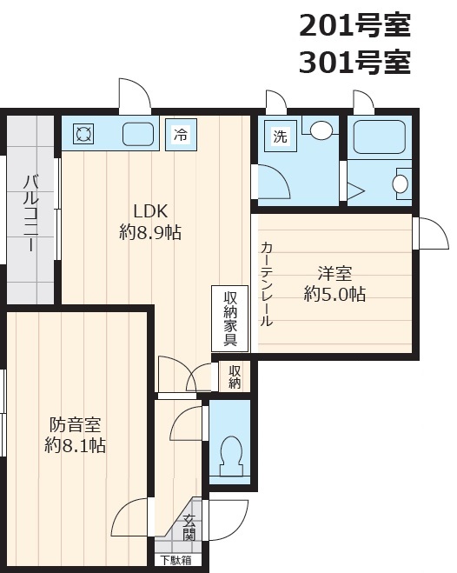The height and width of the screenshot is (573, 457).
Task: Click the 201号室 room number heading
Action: pyautogui.click(x=354, y=25)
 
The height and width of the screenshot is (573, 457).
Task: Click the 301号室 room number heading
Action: pyautogui.click(x=354, y=62)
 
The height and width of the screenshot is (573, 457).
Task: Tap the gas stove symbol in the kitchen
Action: pyautogui.click(x=83, y=133)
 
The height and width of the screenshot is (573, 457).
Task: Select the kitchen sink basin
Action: pyautogui.click(x=137, y=134)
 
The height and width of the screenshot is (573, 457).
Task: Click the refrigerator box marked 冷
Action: pyautogui.click(x=181, y=134)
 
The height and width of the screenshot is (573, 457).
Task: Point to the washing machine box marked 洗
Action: pyautogui.click(x=280, y=137)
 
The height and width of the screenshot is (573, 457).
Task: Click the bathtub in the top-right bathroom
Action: pyautogui.click(x=380, y=137)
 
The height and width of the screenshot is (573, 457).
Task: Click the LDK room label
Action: pyautogui.click(x=150, y=211)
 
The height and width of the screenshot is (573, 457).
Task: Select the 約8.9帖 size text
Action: pyautogui.click(x=150, y=231)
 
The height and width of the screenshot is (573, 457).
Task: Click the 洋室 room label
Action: pyautogui.click(x=334, y=273)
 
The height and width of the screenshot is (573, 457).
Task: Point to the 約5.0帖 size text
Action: pyautogui.click(x=334, y=294)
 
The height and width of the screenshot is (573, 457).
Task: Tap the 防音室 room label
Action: pyautogui.click(x=76, y=424)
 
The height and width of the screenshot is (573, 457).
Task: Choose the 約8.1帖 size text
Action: pyautogui.click(x=76, y=445)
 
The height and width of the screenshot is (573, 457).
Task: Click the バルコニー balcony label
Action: pyautogui.click(x=31, y=213)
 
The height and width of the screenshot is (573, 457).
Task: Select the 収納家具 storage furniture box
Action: pyautogui.click(x=230, y=318)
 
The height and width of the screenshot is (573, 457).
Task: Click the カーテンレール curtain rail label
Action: pyautogui.click(x=267, y=283)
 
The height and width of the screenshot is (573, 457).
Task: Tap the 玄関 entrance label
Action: pyautogui.click(x=189, y=527)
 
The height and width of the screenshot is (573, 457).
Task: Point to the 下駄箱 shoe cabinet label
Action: pyautogui.click(x=176, y=560)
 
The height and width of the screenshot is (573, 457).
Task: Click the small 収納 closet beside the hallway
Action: pyautogui.click(x=235, y=376)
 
